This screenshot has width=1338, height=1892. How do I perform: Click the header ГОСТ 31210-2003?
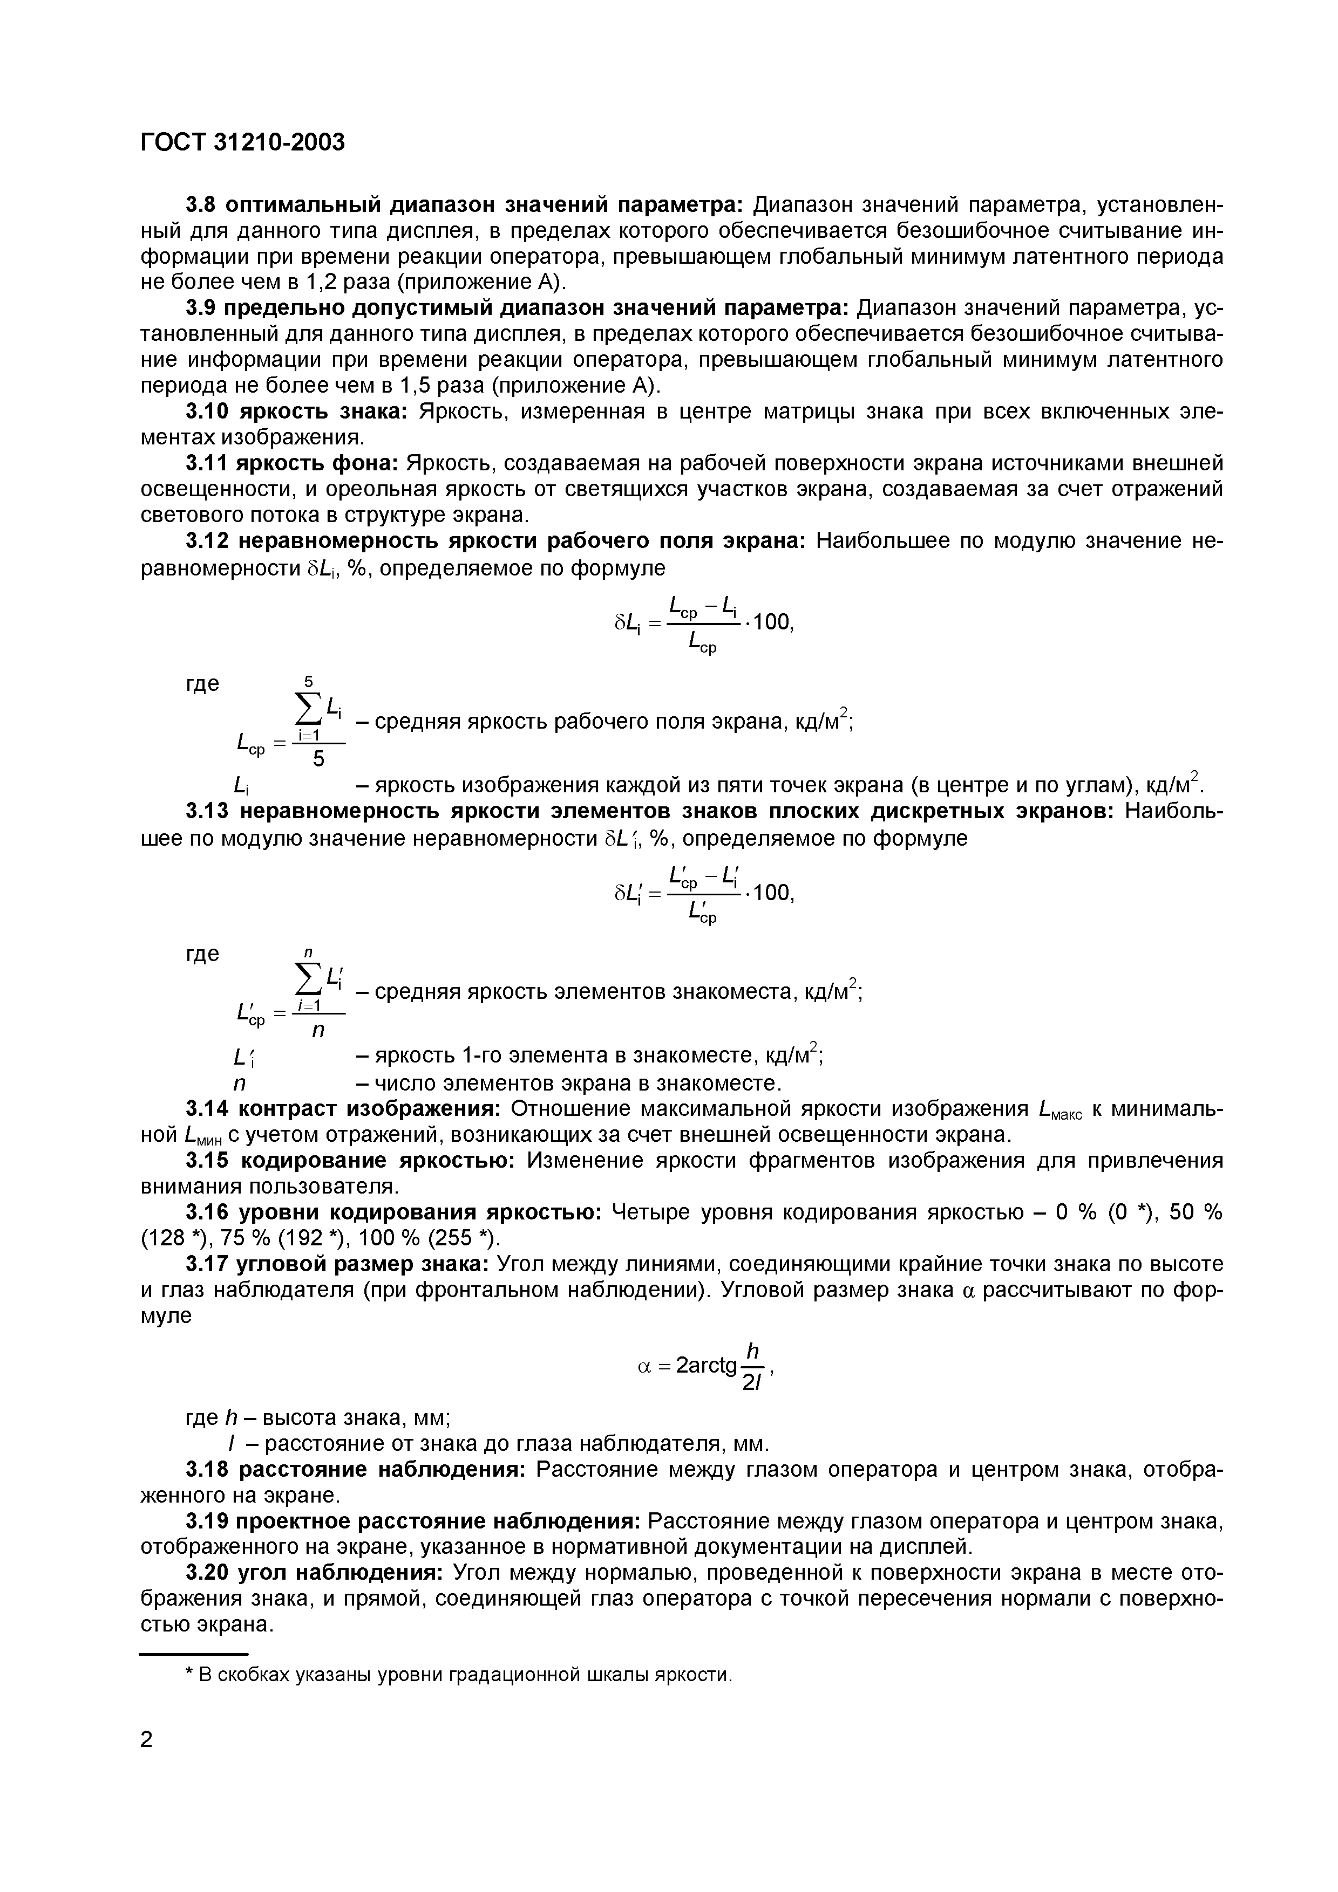click(x=242, y=142)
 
